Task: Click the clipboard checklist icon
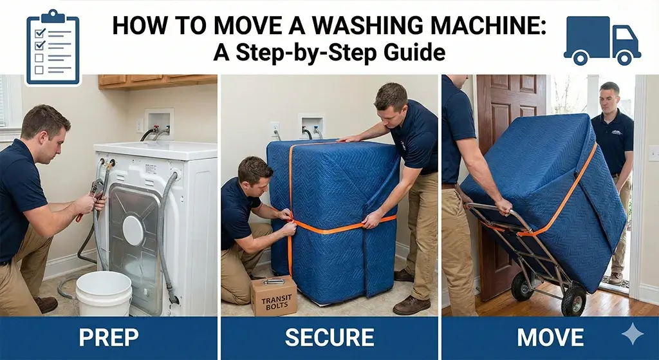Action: point(53,48)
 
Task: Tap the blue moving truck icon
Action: point(602,41)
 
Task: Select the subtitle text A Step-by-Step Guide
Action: point(329,52)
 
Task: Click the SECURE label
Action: point(329,337)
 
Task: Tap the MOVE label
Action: point(550,337)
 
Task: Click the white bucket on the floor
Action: point(104,293)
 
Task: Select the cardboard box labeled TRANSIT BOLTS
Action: point(274,296)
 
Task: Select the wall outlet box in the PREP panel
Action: point(158,123)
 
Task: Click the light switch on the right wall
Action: point(653,153)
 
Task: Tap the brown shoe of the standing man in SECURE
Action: point(411,304)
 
